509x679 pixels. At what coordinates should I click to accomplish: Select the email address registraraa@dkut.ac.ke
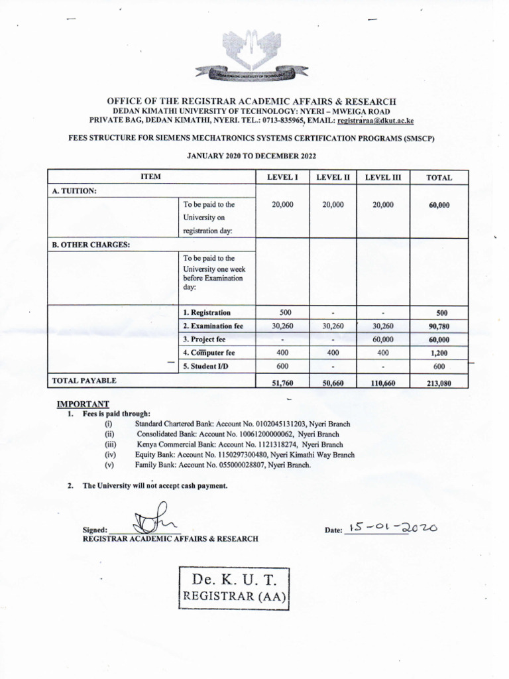[x=375, y=121]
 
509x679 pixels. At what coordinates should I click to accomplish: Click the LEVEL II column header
[x=333, y=177]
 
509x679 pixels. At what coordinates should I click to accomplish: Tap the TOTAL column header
[x=439, y=178]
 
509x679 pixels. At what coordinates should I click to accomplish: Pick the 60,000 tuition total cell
[x=439, y=206]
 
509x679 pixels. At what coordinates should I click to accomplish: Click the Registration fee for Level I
[x=282, y=312]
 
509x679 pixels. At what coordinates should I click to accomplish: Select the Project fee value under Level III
[x=382, y=339]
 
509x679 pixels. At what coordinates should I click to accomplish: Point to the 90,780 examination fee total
[x=439, y=326]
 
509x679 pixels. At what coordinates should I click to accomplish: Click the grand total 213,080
[x=439, y=383]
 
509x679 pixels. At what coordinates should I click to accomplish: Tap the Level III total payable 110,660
[x=382, y=383]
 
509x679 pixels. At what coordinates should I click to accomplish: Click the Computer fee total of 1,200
[x=439, y=353]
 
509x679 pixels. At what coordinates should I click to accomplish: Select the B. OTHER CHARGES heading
[x=91, y=244]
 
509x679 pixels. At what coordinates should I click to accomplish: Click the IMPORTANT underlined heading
[x=83, y=404]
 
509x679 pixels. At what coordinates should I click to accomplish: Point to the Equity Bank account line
[x=245, y=455]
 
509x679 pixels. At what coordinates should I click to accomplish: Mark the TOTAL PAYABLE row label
[x=84, y=381]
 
